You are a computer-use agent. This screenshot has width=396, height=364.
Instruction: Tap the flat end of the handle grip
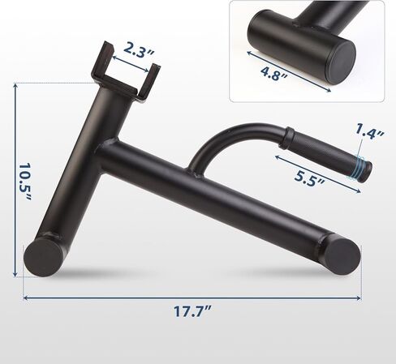click(367, 169)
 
